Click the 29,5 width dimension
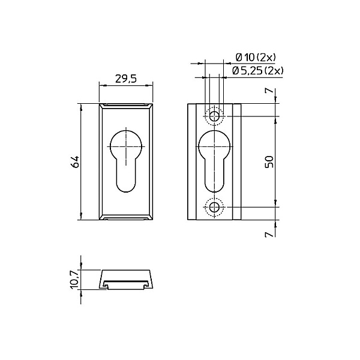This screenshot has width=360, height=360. (125, 79)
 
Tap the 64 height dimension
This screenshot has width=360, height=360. (76, 161)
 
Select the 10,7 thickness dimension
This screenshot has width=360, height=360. (76, 280)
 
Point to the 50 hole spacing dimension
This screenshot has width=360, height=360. (269, 161)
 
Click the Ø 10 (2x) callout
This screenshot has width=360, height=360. (256, 58)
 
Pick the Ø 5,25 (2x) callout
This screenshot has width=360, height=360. (257, 71)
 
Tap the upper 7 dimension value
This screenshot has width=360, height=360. (269, 91)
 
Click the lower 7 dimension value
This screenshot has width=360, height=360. (269, 234)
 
